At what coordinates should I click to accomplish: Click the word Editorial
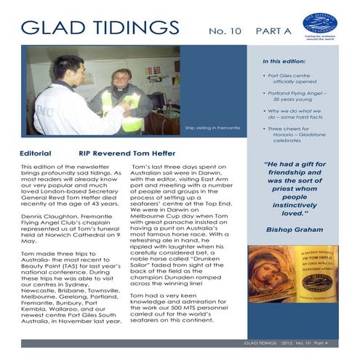pos(37,154)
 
